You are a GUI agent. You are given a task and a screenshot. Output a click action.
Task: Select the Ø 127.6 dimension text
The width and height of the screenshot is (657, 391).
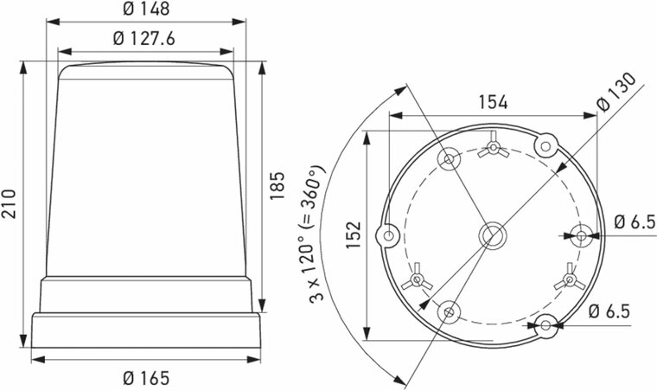[x=145, y=40]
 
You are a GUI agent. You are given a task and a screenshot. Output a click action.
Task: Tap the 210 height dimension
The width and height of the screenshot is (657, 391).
[x=10, y=204]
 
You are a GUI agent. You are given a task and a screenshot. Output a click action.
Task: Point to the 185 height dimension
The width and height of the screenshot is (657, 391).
[x=278, y=184]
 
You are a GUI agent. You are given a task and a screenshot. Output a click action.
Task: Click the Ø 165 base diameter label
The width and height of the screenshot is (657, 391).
[x=145, y=378]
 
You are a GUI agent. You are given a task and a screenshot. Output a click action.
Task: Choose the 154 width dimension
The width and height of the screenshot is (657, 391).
[x=492, y=101]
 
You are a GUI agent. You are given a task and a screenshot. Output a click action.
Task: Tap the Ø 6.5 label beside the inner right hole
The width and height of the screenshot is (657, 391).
[x=635, y=221]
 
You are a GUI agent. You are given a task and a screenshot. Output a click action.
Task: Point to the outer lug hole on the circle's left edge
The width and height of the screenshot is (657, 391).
[x=388, y=234]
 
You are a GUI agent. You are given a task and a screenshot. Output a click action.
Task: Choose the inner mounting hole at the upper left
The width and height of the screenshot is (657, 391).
[x=450, y=158]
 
